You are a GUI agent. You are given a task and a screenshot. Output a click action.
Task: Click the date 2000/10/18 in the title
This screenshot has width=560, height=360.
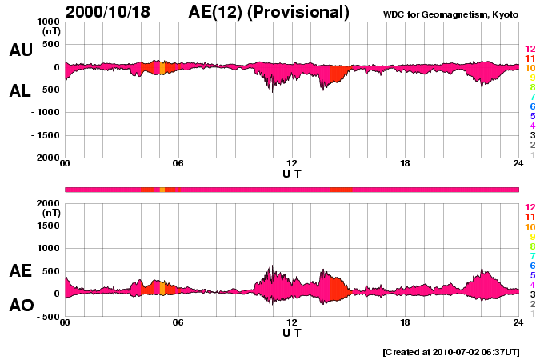pyautogui.click(x=116, y=12)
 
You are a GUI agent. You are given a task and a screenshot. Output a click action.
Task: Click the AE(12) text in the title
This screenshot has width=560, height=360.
pyautogui.click(x=218, y=12)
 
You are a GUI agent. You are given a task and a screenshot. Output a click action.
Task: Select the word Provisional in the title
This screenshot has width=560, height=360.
pyautogui.click(x=302, y=12)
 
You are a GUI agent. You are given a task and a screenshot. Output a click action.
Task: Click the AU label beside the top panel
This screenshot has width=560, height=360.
pyautogui.click(x=21, y=50)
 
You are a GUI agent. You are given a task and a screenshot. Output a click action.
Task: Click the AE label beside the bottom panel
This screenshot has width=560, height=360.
pyautogui.click(x=21, y=271)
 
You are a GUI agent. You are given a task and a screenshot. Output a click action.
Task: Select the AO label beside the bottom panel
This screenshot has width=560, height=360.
pyautogui.click(x=21, y=306)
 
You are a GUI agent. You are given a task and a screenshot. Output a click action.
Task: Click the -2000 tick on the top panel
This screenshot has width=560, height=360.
pyautogui.click(x=44, y=158)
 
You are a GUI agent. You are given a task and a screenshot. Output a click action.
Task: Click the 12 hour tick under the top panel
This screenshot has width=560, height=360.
pyautogui.click(x=292, y=164)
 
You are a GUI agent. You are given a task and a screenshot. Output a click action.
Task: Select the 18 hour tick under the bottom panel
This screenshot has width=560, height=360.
pyautogui.click(x=406, y=323)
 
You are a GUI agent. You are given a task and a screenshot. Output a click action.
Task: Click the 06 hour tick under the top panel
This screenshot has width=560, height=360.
pyautogui.click(x=178, y=164)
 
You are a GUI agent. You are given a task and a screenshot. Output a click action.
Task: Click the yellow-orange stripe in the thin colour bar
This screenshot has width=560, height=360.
pyautogui.click(x=162, y=190)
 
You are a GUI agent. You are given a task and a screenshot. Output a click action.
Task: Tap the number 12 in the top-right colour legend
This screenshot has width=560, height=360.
pyautogui.click(x=529, y=49)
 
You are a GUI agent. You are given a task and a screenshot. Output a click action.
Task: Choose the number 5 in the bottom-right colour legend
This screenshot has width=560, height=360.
pyautogui.click(x=531, y=275)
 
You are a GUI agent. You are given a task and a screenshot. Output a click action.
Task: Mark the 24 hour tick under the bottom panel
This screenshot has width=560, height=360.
pyautogui.click(x=518, y=323)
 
